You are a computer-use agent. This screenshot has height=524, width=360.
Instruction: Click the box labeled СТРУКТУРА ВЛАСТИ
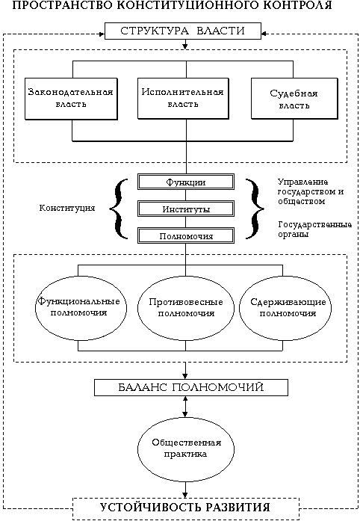pos(183,31)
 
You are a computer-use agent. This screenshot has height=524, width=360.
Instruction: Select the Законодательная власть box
pos(71,99)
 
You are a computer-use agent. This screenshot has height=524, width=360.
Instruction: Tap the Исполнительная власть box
pos(183,99)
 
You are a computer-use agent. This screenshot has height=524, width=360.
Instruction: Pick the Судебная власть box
pos(294,99)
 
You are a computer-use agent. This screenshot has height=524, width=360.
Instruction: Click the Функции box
pos(186,182)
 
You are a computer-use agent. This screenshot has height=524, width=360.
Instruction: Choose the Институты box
pos(186,209)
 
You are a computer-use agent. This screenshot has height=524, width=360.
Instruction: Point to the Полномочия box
pos(186,236)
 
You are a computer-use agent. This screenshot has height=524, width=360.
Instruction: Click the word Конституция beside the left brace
pos(67,209)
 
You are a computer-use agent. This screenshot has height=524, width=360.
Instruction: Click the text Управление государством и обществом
pos(311,191)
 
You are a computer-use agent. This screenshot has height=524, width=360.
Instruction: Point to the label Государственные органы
pos(314,229)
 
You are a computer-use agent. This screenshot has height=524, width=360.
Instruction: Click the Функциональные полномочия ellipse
pos(81,307)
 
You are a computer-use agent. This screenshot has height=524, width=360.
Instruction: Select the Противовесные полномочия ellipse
pos(186,307)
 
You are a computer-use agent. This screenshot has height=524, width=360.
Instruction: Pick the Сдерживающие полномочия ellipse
pos(285,307)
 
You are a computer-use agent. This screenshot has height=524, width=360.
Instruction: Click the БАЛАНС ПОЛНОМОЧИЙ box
pos(191,387)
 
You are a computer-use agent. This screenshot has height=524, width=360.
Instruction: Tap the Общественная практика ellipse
pos(186,449)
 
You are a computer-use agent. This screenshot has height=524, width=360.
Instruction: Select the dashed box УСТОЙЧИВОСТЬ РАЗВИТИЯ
pos(186,508)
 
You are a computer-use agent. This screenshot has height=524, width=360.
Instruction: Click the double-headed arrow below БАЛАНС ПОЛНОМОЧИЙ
pos(185,407)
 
